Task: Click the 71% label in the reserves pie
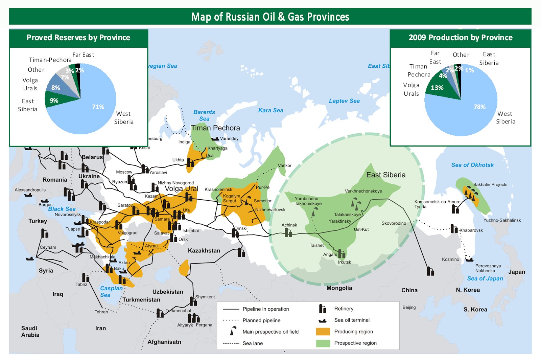[98, 107]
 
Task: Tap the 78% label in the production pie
[479, 107]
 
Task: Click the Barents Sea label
[204, 115]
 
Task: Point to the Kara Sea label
[270, 110]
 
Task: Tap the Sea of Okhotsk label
[472, 165]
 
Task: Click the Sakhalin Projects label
[490, 184]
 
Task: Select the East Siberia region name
[386, 175]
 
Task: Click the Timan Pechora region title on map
[215, 128]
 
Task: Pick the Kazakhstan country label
[204, 251]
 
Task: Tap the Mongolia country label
[339, 288]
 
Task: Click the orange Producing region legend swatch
[323, 332]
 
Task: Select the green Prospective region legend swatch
[323, 343]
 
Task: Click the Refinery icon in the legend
[323, 309]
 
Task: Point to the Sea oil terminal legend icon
[323, 320]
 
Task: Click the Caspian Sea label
[111, 291]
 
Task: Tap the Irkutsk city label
[345, 262]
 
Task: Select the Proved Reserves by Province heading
[78, 38]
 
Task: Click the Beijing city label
[409, 307]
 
